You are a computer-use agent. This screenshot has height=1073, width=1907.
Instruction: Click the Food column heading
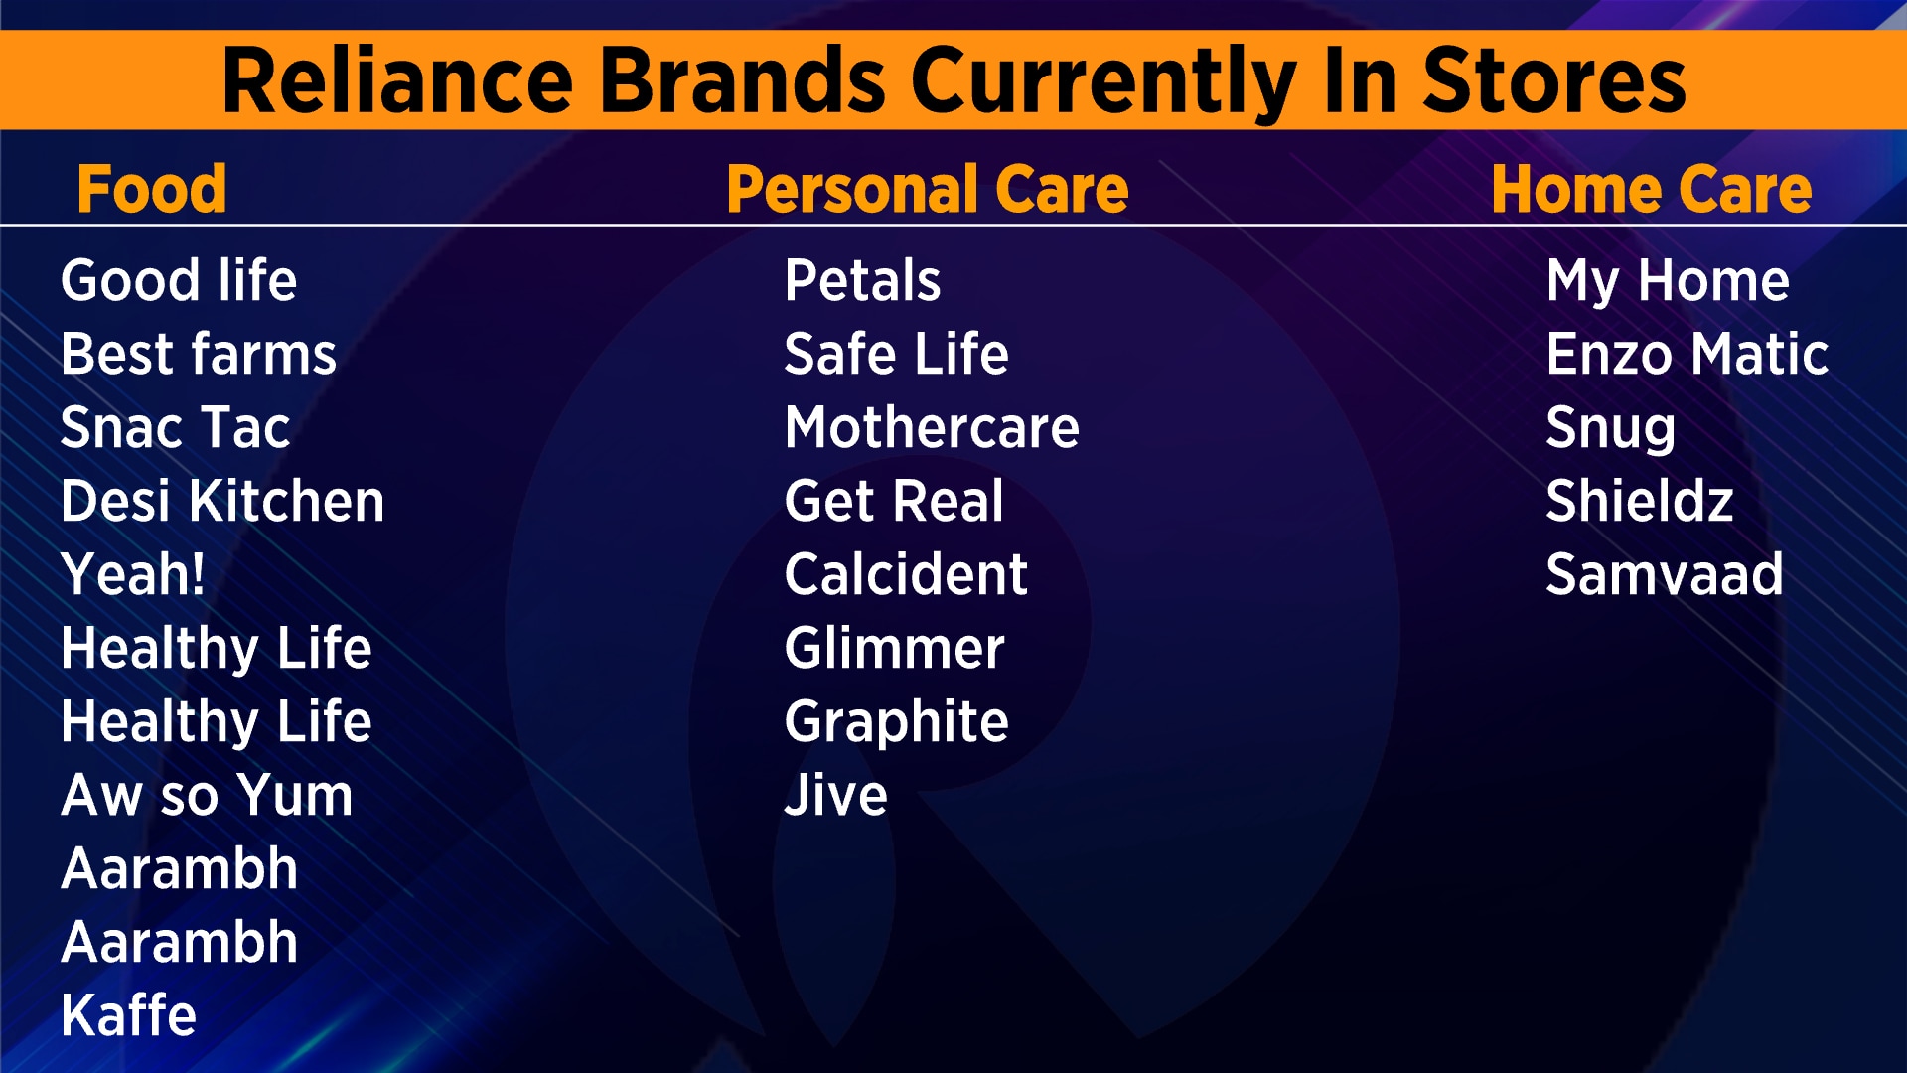[152, 189]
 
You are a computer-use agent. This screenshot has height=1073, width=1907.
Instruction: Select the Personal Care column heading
[927, 189]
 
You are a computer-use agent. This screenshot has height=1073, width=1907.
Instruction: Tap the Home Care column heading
[1651, 189]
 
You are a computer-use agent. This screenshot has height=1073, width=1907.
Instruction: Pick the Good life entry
[179, 280]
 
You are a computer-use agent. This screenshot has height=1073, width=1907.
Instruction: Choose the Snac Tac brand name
[176, 427]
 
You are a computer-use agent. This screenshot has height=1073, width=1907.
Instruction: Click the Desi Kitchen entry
[222, 501]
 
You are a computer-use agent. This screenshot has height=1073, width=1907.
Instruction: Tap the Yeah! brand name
[133, 574]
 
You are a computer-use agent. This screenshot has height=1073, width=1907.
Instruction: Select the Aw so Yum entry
[207, 795]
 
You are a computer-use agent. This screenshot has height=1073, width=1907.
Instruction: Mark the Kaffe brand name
[129, 1015]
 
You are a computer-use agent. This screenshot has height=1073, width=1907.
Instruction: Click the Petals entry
[862, 280]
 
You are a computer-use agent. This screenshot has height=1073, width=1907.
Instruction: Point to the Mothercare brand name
[932, 427]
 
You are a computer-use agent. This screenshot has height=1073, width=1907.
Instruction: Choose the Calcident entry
[906, 574]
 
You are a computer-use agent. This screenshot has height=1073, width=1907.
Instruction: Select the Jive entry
[836, 795]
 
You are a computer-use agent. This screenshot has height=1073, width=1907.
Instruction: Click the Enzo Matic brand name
[1687, 354]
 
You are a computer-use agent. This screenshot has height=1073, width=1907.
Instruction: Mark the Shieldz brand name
[1640, 501]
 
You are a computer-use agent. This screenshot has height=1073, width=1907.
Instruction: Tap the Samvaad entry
[1665, 574]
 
